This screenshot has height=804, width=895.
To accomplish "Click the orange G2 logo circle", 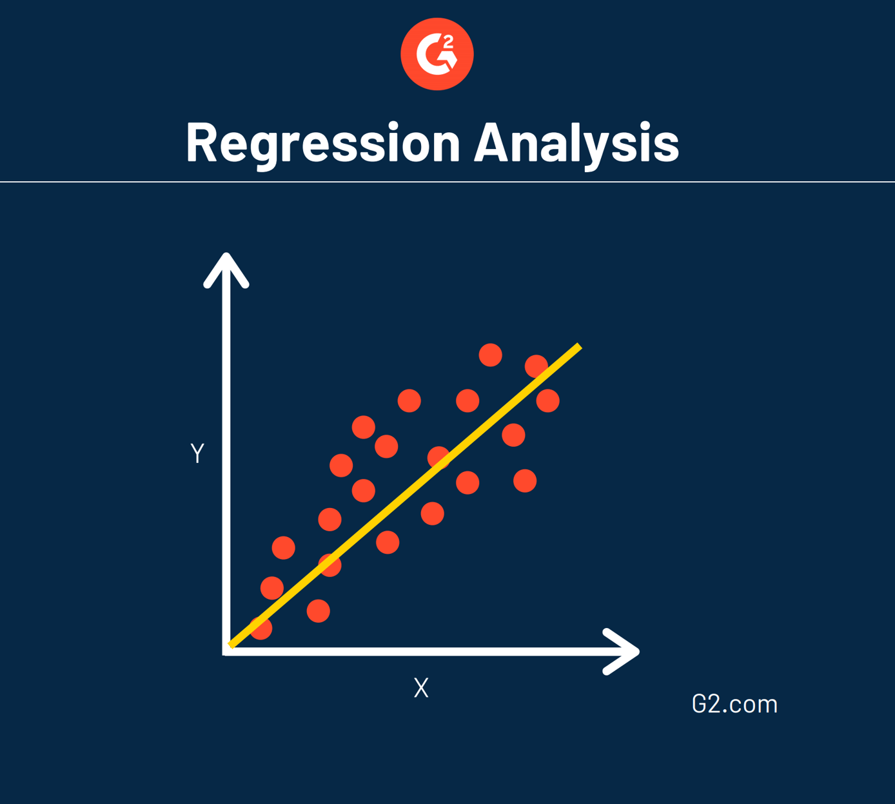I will click(x=437, y=54).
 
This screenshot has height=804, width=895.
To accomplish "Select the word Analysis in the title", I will click(x=576, y=142).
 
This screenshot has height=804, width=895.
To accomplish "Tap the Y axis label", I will click(x=197, y=453).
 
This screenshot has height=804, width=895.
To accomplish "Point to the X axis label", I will click(x=421, y=688).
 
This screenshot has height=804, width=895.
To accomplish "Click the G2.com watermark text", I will click(x=734, y=704).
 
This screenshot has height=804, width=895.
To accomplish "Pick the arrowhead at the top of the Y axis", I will click(x=226, y=268).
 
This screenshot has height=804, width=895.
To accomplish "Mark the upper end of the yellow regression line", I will click(x=578, y=348).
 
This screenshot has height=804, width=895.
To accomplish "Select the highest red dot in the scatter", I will click(x=491, y=355).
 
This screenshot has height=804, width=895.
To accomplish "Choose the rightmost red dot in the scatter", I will click(x=548, y=400).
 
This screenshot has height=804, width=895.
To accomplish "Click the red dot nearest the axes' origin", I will click(x=261, y=628).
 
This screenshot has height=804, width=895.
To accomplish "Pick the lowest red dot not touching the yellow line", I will click(x=319, y=611).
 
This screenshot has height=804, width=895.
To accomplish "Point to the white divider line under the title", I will click(x=448, y=182).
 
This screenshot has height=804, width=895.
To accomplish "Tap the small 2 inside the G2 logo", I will click(x=449, y=41).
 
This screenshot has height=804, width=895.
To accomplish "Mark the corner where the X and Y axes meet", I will click(x=226, y=651).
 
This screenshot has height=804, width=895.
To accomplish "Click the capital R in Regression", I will click(x=202, y=142).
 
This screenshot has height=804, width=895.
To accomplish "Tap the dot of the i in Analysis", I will click(x=647, y=124).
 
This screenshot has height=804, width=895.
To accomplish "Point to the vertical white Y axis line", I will click(x=226, y=451).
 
